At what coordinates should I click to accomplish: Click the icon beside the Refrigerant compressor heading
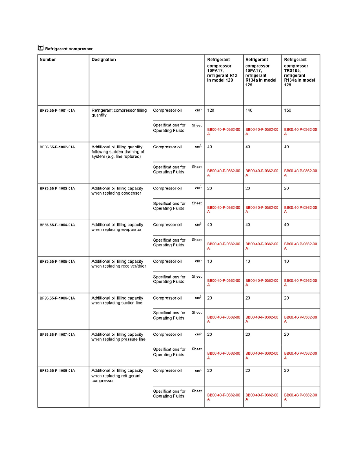40,48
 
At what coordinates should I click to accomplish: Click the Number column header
48,60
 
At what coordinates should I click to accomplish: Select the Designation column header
104,60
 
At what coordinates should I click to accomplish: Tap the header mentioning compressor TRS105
300,73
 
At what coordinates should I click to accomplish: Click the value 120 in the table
211,110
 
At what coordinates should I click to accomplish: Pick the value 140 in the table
249,110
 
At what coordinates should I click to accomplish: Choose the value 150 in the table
287,110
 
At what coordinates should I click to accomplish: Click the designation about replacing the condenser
117,191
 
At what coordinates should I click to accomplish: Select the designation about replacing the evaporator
117,227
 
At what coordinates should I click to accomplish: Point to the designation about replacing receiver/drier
118,264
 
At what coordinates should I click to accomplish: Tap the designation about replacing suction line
117,300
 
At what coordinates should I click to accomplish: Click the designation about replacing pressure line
118,337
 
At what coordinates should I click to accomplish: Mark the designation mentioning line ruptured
118,152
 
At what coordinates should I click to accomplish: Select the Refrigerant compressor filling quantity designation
119,113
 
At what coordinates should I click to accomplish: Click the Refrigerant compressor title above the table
69,49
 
